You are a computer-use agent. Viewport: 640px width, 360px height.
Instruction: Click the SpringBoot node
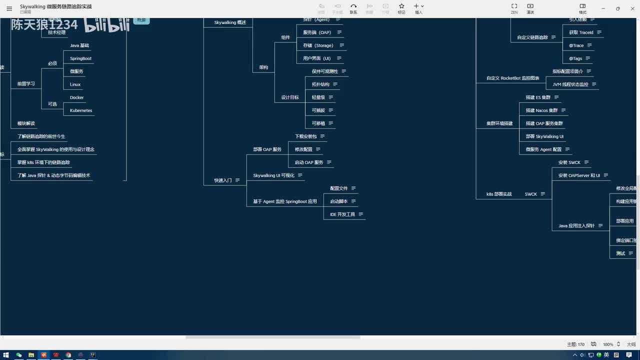(x=80, y=58)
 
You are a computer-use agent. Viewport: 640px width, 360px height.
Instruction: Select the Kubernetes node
(x=81, y=110)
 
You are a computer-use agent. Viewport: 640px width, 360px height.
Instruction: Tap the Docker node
(x=76, y=97)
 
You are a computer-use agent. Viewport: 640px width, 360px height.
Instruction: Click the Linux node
(x=75, y=84)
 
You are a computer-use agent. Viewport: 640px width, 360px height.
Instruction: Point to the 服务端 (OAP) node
(x=317, y=32)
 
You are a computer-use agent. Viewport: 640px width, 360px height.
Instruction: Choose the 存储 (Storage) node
(x=318, y=45)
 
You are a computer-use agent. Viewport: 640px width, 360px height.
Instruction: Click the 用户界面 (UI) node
(x=317, y=58)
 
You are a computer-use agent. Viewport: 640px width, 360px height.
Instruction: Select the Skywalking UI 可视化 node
(x=273, y=175)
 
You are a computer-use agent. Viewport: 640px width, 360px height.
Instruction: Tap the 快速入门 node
(x=222, y=180)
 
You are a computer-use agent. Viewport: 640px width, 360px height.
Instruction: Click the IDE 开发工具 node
(x=342, y=214)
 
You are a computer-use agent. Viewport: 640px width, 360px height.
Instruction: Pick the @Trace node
(x=576, y=45)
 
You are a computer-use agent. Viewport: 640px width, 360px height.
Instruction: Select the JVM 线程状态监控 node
(x=570, y=84)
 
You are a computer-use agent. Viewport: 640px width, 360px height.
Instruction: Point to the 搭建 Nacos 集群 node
(x=541, y=110)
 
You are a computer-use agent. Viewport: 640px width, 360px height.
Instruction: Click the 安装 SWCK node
(x=569, y=162)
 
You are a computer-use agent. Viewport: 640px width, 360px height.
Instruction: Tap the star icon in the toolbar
(x=401, y=6)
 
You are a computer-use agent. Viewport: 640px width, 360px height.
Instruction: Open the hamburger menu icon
(x=9, y=8)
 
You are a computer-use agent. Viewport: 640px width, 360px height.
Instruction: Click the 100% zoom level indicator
(x=608, y=344)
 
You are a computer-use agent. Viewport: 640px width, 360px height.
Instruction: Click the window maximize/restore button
(x=618, y=8)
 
